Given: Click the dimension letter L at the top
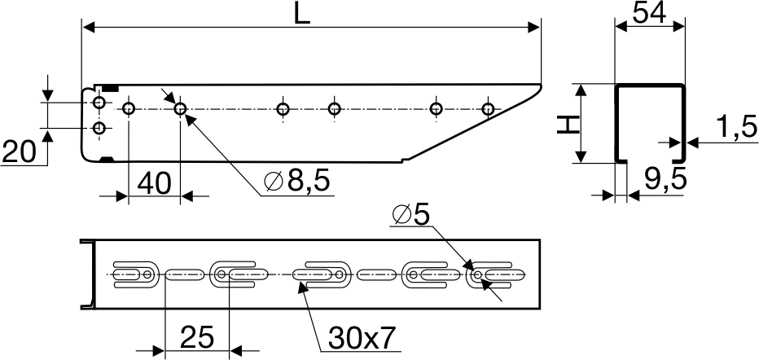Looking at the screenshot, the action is point(301,15).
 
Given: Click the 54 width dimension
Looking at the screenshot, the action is point(650,14).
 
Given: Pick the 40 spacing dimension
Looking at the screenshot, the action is point(155,184).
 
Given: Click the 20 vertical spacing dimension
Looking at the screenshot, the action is point(20,152).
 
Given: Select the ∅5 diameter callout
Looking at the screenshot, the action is point(411,214).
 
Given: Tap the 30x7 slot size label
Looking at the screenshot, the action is point(362,337).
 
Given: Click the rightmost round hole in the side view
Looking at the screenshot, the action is point(488,109).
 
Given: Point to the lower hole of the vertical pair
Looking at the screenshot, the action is point(99,128).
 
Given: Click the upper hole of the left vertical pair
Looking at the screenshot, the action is point(99,103).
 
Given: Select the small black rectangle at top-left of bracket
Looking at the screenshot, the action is point(110,88).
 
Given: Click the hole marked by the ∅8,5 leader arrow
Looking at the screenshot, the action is point(180,109).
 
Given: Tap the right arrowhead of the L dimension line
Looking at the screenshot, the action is point(534,28).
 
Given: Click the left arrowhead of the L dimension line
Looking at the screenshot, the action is point(89,28).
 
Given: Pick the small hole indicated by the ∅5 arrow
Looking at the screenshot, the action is point(478,274).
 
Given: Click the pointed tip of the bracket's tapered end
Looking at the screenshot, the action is point(542,86).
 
